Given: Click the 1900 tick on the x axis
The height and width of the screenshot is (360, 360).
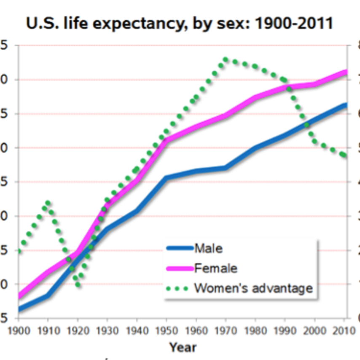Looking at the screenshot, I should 18,330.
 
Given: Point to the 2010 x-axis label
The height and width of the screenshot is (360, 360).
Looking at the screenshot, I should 343,330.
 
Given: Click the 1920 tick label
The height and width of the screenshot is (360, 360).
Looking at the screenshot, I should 77,330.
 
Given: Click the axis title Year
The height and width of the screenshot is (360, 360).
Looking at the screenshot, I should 183,347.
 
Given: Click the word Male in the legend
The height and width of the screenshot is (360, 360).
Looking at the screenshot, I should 208,248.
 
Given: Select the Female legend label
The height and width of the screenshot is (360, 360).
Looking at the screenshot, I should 215,268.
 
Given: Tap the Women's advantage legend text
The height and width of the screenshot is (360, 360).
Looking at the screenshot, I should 253,288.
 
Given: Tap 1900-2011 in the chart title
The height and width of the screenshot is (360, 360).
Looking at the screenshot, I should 290,23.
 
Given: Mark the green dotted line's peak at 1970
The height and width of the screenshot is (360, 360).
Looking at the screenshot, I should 225,59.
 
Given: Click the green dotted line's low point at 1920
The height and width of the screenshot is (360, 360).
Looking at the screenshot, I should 78,285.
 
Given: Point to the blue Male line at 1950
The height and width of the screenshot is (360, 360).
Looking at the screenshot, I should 166,178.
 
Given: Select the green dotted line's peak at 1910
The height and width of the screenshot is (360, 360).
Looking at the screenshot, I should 48,203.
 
